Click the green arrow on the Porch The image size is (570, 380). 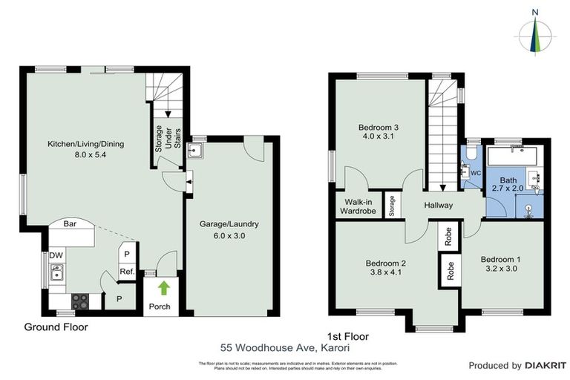coord(163,286)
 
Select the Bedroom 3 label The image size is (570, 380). coord(379,126)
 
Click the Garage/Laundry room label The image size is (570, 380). coord(228,223)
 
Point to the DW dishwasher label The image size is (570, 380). coord(56,256)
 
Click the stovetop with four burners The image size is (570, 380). coord(79,301)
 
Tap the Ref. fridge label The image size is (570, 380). coord(126,272)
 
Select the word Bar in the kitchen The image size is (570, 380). coord(71,223)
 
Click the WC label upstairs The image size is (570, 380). coord(476,172)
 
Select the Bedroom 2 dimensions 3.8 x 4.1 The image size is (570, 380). coord(385,272)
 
